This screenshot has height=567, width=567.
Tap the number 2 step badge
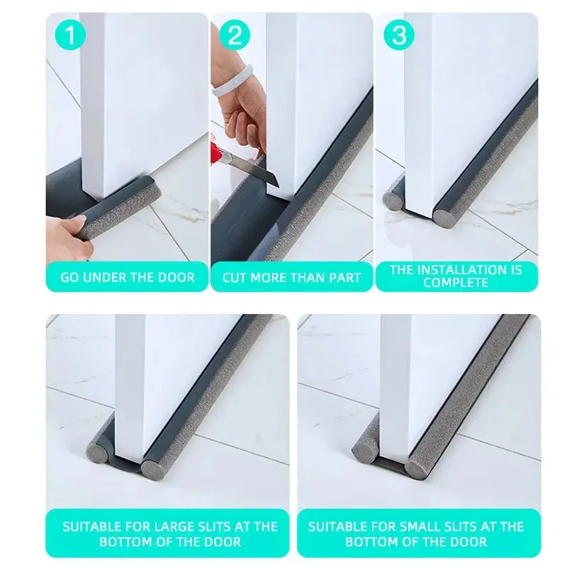[x=234, y=35]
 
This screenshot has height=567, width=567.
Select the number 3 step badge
[x=399, y=35]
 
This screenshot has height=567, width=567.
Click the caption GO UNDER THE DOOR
[x=127, y=277]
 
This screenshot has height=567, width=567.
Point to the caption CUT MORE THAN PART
[x=291, y=277]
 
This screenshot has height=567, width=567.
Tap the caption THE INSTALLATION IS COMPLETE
[x=456, y=276]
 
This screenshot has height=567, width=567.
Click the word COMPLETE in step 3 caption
[x=456, y=283]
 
